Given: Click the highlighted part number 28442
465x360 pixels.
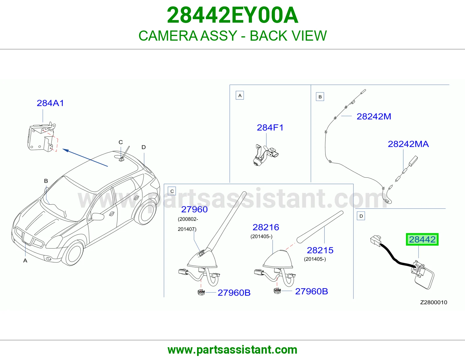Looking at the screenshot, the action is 422,240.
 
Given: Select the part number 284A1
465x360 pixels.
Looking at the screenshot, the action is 50,103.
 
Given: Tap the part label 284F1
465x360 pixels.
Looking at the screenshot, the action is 270,128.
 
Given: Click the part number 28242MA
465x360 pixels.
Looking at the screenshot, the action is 408,144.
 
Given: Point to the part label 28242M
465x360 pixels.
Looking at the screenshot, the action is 374,116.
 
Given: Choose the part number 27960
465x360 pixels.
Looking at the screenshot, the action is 194,210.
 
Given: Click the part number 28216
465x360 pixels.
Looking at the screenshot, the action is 266,227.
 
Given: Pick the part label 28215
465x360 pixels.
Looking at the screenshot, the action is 320,250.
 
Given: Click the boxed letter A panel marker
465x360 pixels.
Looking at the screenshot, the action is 240,95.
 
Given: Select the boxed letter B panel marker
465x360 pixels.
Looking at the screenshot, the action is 320,97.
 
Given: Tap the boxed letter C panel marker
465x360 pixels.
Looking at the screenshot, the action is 172,191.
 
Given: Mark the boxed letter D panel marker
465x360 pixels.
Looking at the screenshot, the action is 361,216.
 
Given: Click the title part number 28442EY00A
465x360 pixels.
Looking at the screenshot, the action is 233,15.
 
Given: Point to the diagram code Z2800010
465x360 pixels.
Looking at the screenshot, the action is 434,302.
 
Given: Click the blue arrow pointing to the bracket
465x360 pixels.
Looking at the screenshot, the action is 85,158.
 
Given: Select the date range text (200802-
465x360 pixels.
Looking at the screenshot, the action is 188,219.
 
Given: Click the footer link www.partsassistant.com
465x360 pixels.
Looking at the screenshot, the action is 233,350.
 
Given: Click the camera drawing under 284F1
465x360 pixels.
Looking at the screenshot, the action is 266,155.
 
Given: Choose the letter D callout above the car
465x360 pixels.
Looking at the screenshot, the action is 144,147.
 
